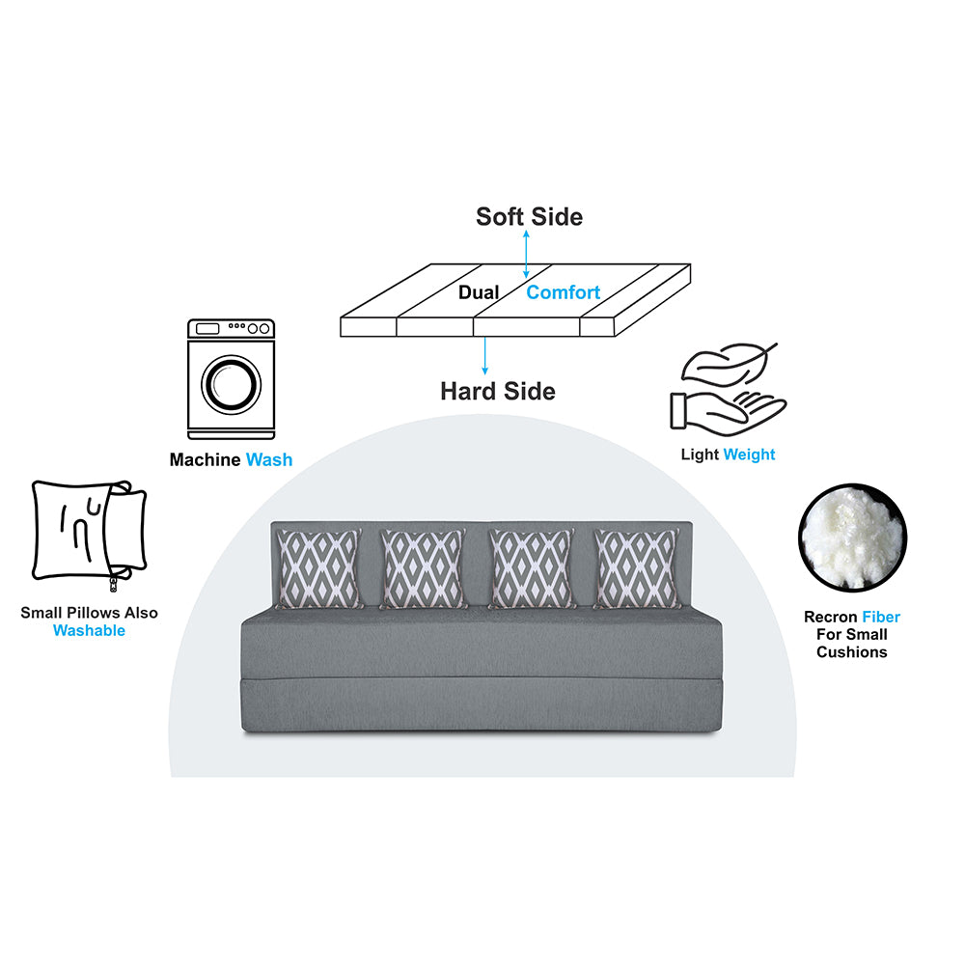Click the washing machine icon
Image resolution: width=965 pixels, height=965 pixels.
231,379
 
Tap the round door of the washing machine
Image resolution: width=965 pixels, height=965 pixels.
232,385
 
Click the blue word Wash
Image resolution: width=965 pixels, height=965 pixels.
269,459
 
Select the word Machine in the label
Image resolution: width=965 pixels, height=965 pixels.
205,459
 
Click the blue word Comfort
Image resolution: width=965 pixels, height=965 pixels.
564,292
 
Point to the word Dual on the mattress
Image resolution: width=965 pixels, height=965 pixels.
479,292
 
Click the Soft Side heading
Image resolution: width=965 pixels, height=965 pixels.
529,216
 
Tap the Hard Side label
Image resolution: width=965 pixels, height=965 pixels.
498,392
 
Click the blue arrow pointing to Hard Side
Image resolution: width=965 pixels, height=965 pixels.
485,355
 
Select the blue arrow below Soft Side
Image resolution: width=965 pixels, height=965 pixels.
526,254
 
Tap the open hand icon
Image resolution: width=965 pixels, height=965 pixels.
727,411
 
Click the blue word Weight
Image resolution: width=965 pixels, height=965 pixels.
749,455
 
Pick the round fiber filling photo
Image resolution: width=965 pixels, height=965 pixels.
852,538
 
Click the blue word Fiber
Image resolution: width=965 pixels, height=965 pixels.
881,617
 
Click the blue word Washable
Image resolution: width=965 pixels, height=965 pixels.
89,630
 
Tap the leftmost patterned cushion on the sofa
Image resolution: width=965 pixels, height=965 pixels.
318,568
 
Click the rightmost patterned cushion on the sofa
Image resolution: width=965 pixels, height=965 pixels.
636,568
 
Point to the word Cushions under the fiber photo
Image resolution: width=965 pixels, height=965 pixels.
852,652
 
